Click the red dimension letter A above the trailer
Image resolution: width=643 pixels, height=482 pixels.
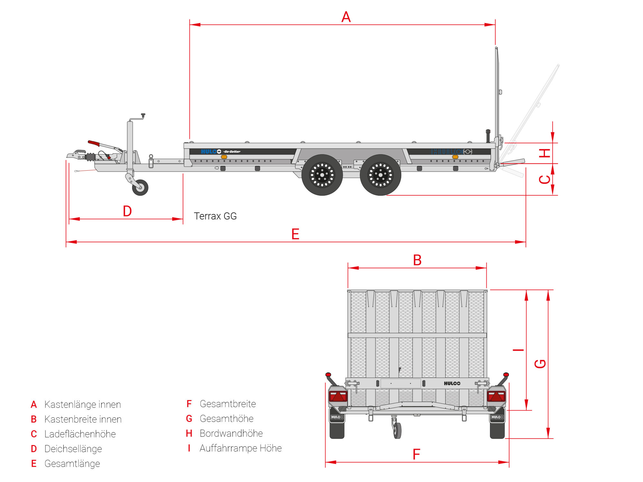[346, 17]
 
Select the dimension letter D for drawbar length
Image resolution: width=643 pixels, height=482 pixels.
[127, 211]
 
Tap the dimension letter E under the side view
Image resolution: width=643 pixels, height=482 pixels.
[295, 234]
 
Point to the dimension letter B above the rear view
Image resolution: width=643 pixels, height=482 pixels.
[417, 260]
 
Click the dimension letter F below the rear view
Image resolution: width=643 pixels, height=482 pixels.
[416, 454]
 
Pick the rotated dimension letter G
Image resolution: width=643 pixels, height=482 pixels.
[540, 364]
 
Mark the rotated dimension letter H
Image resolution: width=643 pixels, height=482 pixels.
[545, 153]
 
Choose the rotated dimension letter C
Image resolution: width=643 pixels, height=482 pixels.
[545, 179]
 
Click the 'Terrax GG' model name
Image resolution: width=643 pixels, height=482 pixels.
[215, 216]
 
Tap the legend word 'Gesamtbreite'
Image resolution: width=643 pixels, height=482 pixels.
[228, 404]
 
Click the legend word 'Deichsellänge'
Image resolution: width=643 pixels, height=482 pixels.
[73, 449]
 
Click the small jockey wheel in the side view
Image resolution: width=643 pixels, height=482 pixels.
[140, 187]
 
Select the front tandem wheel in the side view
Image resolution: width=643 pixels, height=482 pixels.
[322, 175]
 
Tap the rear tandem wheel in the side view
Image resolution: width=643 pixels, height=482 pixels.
[381, 175]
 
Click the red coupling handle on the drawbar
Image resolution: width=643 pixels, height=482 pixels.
[94, 143]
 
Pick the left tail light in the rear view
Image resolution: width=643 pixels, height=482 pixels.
[338, 396]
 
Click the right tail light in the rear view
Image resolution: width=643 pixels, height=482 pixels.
[496, 396]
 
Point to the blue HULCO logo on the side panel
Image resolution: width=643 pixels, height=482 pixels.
[211, 151]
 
